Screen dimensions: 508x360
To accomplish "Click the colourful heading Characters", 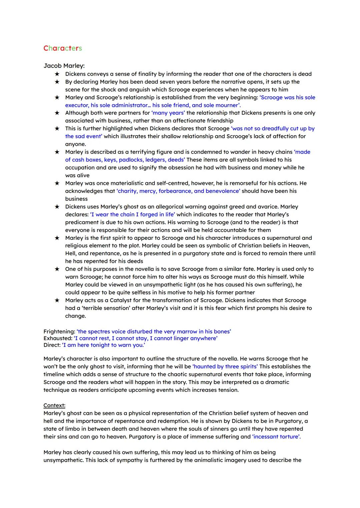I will [63, 48].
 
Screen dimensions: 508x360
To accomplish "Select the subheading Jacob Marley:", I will [64, 66].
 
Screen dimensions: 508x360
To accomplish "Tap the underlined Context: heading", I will [54, 405].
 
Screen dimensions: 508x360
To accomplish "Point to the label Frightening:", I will [59, 331].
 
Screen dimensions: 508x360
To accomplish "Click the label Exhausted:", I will [58, 338].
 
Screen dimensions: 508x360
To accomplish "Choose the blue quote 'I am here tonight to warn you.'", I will [104, 345].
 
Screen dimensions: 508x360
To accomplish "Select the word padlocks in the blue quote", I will [131, 160].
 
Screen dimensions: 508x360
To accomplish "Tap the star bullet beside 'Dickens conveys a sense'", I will [57, 74].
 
